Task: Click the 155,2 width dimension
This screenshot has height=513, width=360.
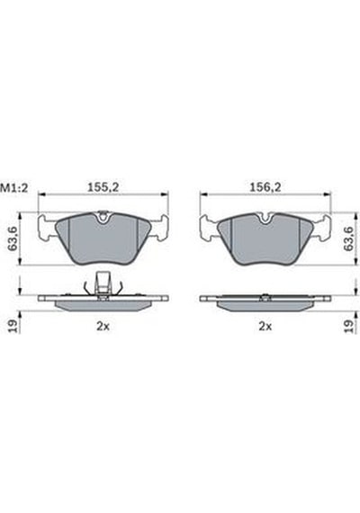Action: point(103,187)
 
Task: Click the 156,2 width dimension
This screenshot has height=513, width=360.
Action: point(265,187)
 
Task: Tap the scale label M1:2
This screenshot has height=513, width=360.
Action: point(14,188)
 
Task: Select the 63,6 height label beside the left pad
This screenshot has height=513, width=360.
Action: point(13,238)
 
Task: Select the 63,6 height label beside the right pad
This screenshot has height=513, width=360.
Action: point(348,238)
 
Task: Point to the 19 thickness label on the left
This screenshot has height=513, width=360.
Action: point(13,326)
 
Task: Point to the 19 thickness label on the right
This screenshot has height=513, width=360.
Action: point(348,326)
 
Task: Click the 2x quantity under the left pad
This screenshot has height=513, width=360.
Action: point(103,326)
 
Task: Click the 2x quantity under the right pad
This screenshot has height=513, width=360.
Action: point(265,326)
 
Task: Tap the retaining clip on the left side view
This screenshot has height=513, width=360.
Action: point(103,283)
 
